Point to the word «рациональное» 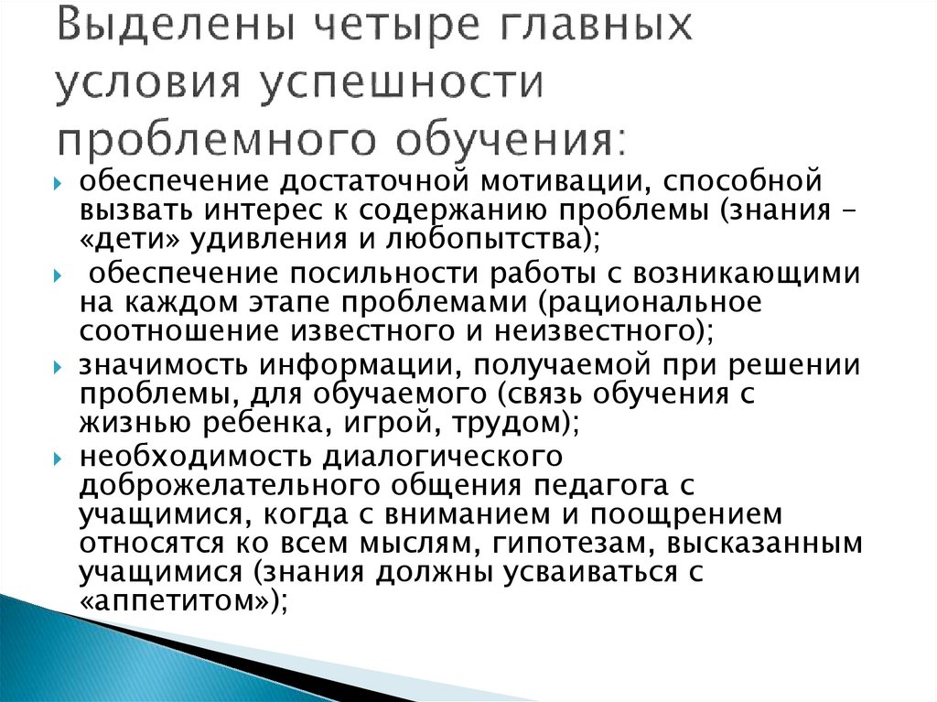click(x=641, y=303)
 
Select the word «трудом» click(x=508, y=424)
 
